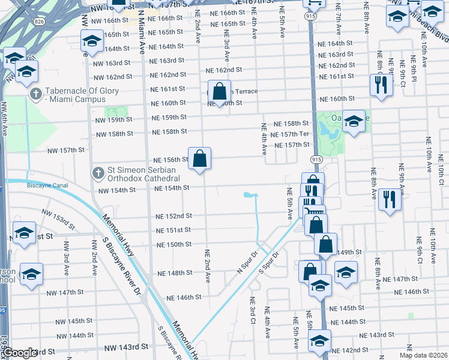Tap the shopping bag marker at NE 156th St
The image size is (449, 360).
pyautogui.click(x=200, y=160)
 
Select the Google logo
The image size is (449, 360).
pyautogui.click(x=20, y=352)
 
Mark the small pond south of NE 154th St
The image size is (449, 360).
pyautogui.click(x=250, y=195)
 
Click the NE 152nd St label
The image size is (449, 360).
pyautogui.click(x=173, y=216)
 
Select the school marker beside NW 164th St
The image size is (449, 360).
pyautogui.click(x=92, y=42)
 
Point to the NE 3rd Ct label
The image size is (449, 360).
pyautogui.click(x=253, y=311)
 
